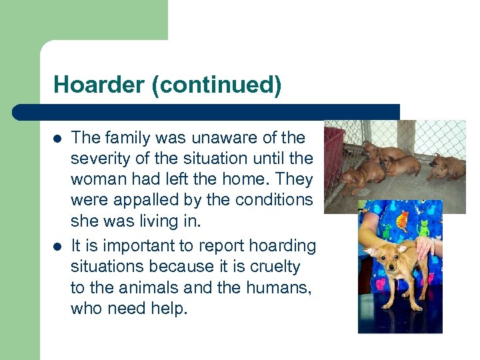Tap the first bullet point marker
(57, 139)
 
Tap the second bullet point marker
(57, 247)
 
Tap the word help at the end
(170, 309)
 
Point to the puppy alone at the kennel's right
(446, 166)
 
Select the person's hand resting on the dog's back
(425, 249)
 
